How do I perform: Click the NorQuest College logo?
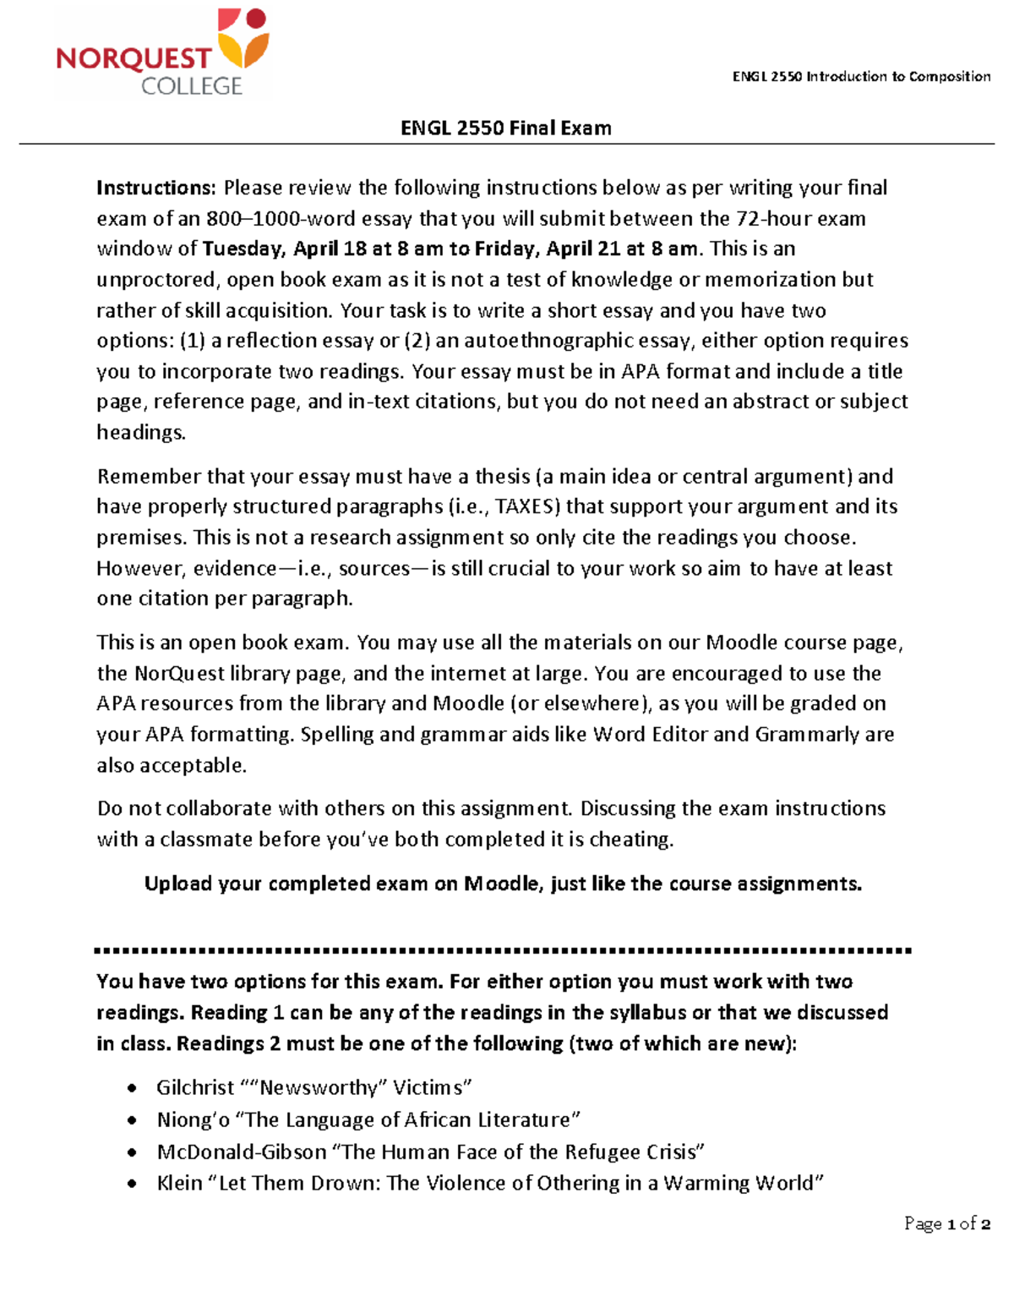click(162, 52)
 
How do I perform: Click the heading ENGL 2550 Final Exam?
click(505, 128)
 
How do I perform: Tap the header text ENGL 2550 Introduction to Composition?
click(861, 76)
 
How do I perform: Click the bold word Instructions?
click(157, 187)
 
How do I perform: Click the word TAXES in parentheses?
click(526, 506)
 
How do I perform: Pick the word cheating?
click(630, 839)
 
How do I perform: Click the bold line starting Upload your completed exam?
click(503, 884)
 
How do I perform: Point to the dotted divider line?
click(504, 950)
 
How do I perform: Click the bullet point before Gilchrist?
click(131, 1088)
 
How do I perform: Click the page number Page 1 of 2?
click(946, 1223)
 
